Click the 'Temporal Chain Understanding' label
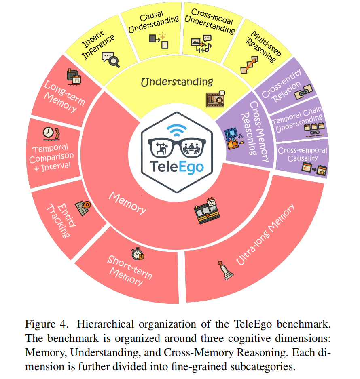[298, 116]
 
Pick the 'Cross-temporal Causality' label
[302, 154]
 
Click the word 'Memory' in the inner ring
[127, 203]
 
